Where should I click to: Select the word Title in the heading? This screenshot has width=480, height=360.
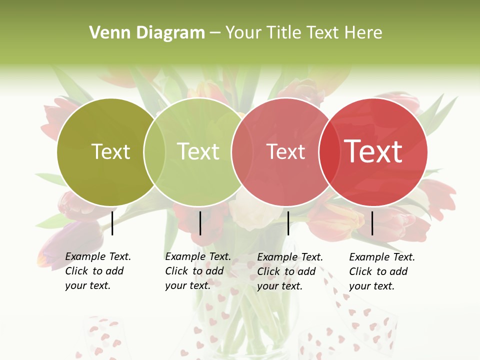point(284,33)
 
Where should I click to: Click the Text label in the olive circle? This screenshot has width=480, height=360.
point(110,151)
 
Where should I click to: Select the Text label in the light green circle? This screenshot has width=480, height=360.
point(198,151)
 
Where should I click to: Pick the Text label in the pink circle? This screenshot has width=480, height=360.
point(285,152)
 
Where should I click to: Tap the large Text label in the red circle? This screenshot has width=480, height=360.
point(373,151)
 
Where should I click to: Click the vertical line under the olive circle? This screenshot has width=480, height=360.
point(112,223)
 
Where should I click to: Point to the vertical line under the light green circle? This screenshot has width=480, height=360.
point(200,223)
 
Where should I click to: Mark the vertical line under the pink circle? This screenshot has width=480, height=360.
point(288,223)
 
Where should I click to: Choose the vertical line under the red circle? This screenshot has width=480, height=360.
point(372,223)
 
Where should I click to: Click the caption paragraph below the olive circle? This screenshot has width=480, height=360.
point(97,271)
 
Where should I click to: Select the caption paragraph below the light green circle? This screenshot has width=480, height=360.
point(197,271)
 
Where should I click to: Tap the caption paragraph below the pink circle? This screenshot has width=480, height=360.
point(289,271)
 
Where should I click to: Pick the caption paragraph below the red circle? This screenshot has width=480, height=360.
point(381,271)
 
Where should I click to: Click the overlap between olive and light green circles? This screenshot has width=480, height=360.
point(154,152)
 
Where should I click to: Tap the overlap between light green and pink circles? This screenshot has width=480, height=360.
point(241,152)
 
